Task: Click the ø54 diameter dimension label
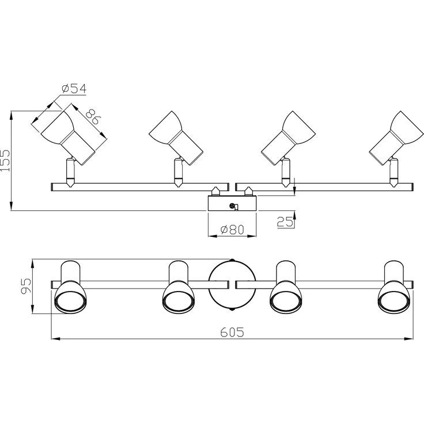74,89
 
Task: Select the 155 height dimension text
5,160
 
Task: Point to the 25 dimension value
285,222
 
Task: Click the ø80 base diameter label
232,230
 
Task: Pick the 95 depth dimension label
26,286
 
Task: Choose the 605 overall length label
232,332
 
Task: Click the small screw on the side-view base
232,206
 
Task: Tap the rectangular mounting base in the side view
232,203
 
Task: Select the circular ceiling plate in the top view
232,286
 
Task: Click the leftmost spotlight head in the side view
67,134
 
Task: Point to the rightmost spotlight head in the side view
396,138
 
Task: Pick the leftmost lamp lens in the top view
71,301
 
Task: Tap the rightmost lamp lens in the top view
394,301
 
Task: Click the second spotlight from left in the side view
176,138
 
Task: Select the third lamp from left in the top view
286,287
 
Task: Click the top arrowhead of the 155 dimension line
11,115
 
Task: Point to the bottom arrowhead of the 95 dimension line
32,309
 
